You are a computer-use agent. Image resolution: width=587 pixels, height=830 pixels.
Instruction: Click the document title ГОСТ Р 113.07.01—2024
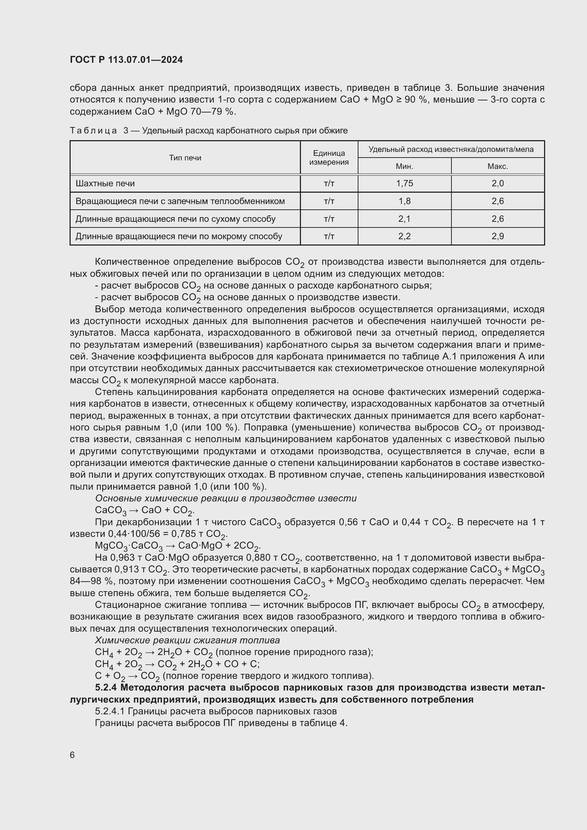pyautogui.click(x=126, y=60)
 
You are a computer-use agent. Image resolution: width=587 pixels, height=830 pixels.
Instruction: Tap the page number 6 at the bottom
pyautogui.click(x=72, y=755)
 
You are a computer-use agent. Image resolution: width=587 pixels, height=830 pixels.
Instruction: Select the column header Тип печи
pyautogui.click(x=185, y=158)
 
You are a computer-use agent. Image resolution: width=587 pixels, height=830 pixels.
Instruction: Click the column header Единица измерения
pyautogui.click(x=329, y=158)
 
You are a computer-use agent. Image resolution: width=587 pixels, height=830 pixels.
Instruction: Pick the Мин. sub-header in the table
pyautogui.click(x=404, y=167)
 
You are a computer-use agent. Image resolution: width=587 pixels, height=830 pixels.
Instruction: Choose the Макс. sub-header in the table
pyautogui.click(x=497, y=167)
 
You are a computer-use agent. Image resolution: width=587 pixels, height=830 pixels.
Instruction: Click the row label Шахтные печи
pyautogui.click(x=105, y=184)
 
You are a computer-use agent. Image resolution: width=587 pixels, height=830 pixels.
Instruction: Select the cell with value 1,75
pyautogui.click(x=404, y=184)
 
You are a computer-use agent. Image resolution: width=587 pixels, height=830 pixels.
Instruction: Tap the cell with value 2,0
pyautogui.click(x=497, y=184)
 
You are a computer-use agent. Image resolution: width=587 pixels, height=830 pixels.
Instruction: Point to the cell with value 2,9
pyautogui.click(x=497, y=236)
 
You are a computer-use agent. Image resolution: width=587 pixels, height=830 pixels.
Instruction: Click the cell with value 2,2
pyautogui.click(x=404, y=236)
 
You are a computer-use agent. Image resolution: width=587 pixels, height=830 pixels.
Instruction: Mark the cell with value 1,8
pyautogui.click(x=404, y=201)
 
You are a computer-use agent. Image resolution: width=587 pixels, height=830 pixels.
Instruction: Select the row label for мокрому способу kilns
pyautogui.click(x=179, y=236)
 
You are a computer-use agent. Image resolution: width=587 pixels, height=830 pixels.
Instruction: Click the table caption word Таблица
pyautogui.click(x=93, y=131)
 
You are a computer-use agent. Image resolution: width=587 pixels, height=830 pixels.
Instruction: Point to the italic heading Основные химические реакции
pyautogui.click(x=226, y=499)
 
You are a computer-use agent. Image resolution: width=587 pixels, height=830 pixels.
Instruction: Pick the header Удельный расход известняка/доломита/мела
pyautogui.click(x=451, y=150)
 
